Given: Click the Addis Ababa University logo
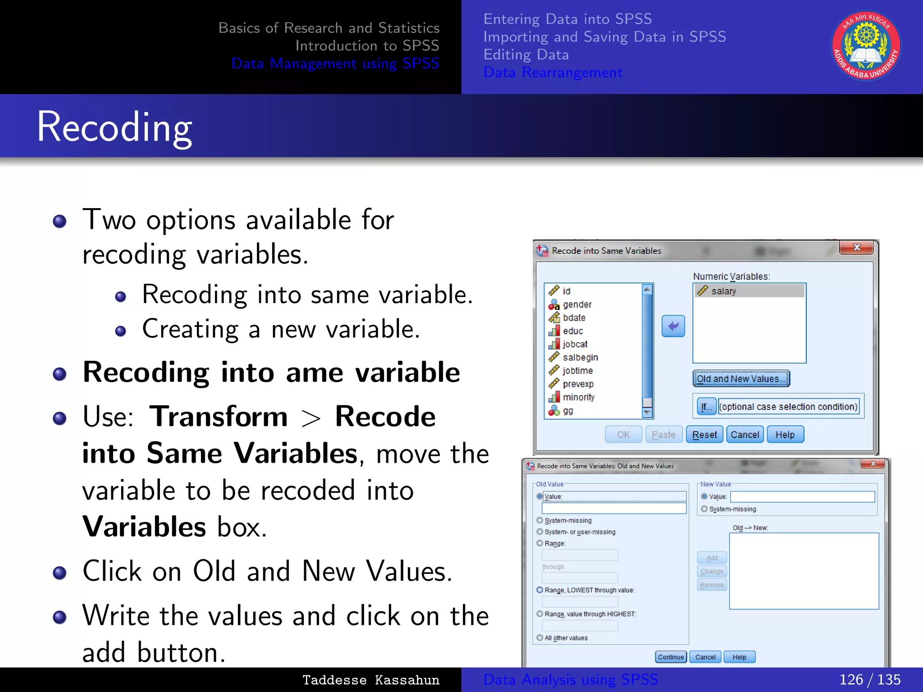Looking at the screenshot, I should coord(866,46).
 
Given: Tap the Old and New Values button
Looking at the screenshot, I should coord(741,379).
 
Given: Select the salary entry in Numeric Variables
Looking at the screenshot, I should coord(723,291).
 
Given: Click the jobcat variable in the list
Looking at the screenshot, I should coord(575,344).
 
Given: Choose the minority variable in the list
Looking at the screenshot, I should coord(578,397).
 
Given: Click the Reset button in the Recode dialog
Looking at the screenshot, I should coord(704,435).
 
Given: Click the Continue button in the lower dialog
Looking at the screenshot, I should coord(671,657).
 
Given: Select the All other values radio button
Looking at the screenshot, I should coord(540,638).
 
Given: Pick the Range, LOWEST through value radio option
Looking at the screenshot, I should coord(540,590).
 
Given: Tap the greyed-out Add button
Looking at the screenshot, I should coord(712,558).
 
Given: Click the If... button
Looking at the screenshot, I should coord(706,406).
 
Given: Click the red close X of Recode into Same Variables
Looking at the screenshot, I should coord(856,247).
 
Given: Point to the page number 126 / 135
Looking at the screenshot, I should coord(870,679).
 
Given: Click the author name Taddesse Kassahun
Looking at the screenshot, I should coord(370,680).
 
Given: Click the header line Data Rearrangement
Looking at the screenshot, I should coord(553,73).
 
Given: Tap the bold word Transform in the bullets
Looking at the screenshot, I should coord(219,416).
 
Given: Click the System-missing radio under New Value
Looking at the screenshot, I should coord(704,509).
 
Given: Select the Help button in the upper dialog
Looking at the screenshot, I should coord(785,435).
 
